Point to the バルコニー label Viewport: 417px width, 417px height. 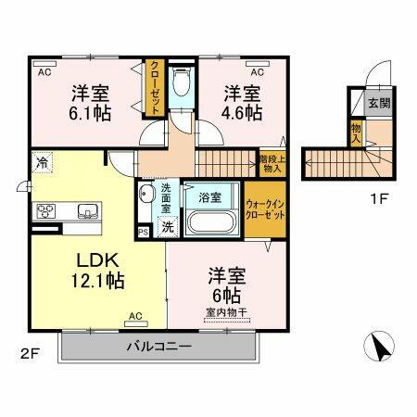point(158,347)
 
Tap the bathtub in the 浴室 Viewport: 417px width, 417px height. point(213,223)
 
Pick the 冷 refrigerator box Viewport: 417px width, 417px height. point(43,163)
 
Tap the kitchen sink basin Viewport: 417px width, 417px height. point(87,209)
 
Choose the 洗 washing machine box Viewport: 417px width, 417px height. point(167,226)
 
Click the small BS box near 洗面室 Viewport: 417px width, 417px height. point(143,231)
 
